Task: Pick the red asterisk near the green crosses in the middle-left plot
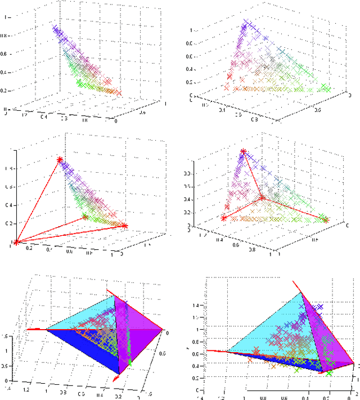[x=85, y=217]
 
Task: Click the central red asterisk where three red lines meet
[x=262, y=198]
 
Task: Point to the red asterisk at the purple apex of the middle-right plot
[x=243, y=151]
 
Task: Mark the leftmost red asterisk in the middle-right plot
[x=223, y=218]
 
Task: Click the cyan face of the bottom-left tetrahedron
[x=84, y=315]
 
